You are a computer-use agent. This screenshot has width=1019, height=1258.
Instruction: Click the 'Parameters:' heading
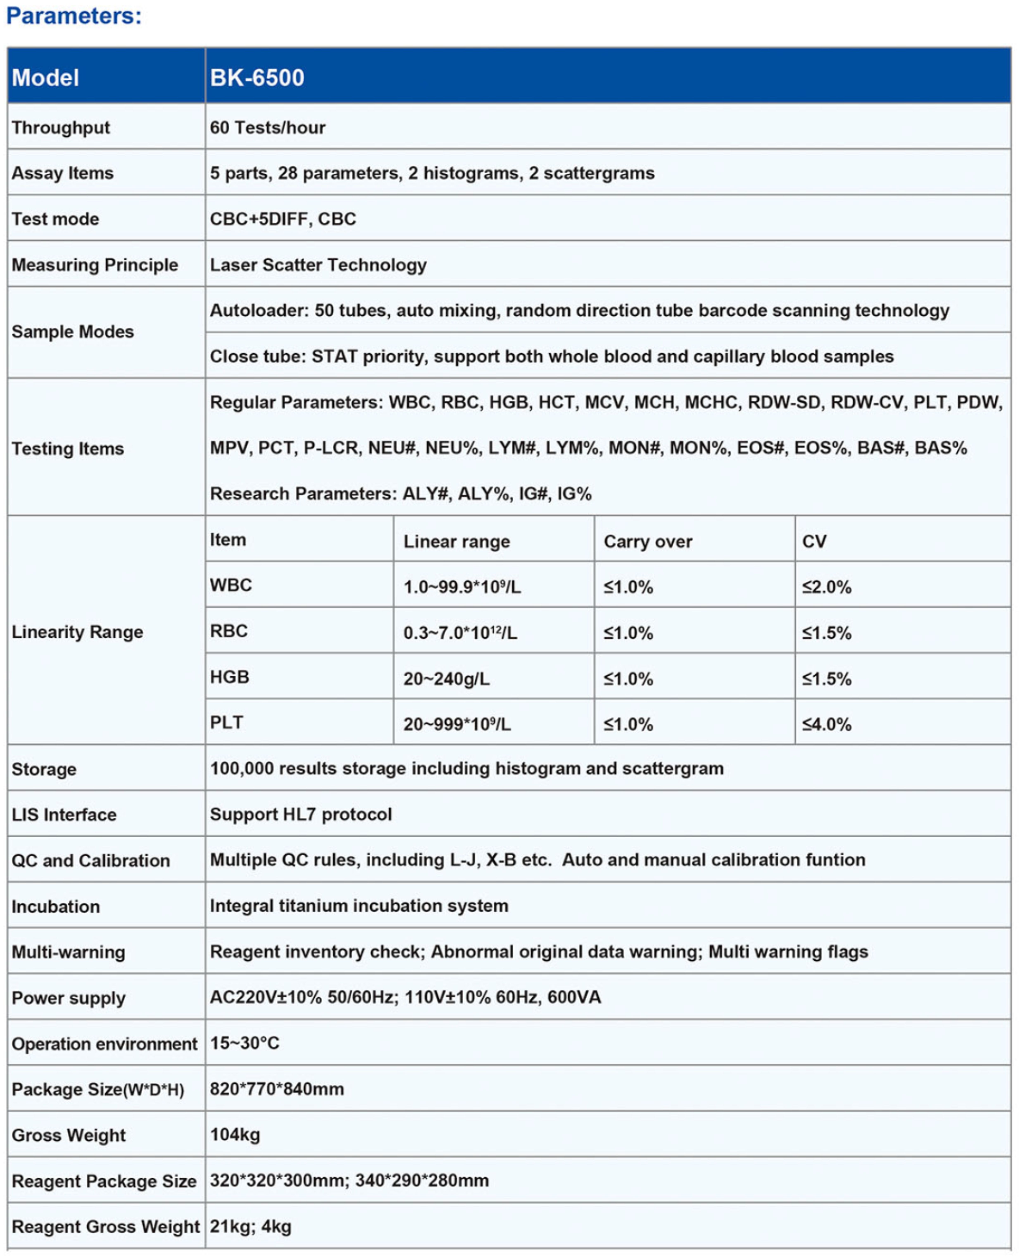pos(74,16)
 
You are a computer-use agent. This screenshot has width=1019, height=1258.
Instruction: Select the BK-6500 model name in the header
pos(257,77)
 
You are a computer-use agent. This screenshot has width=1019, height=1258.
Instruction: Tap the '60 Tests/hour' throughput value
pos(268,127)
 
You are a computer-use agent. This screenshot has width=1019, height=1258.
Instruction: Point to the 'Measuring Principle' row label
pos(94,265)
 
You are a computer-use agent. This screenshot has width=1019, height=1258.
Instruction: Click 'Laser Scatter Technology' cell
pos(318,265)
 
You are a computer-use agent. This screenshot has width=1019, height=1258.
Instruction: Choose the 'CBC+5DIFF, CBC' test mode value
pos(283,219)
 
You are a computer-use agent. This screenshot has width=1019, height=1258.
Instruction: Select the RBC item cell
pos(229,631)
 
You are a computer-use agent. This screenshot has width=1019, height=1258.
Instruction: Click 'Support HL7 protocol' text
pos(301,814)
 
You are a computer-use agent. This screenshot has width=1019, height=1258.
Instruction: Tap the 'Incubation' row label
pos(56,906)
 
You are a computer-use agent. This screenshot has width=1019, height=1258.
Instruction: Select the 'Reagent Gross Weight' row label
pos(106,1226)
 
